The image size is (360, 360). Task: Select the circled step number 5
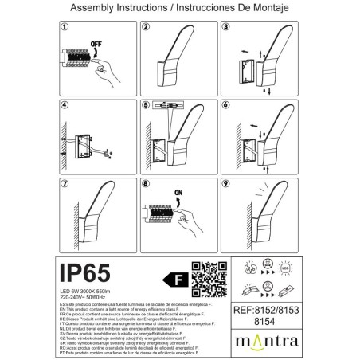point(147,104)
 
